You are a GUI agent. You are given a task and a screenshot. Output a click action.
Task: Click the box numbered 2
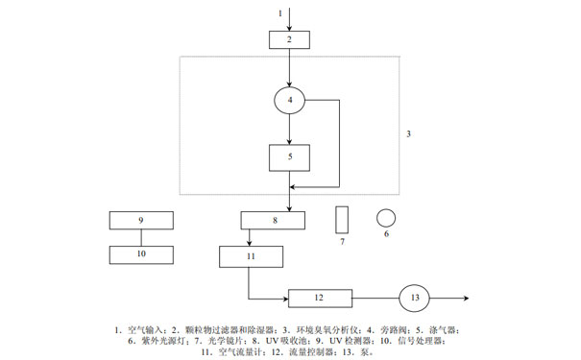(x=289, y=39)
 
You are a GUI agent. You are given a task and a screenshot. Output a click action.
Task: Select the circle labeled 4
(x=289, y=99)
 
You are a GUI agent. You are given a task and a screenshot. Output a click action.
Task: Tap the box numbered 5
(x=289, y=156)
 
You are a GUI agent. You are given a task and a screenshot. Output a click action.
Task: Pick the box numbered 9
(x=140, y=220)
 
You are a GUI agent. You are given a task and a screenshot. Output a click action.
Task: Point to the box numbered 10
(x=140, y=254)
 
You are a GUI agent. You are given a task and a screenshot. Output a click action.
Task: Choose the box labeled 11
(x=251, y=256)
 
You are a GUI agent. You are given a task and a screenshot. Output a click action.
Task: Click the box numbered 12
(x=321, y=298)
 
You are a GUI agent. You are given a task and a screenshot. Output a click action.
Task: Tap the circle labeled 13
(x=416, y=298)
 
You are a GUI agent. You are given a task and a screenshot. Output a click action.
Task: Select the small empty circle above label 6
(x=386, y=217)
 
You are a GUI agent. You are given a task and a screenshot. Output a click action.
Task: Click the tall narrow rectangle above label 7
(x=341, y=219)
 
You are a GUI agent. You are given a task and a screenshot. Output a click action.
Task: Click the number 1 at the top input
(x=280, y=13)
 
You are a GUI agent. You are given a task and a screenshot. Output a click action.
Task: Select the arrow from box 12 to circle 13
(x=375, y=298)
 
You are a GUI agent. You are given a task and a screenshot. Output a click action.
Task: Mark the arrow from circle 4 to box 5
(x=289, y=130)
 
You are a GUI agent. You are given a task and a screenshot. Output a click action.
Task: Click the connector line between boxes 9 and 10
(x=140, y=237)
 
